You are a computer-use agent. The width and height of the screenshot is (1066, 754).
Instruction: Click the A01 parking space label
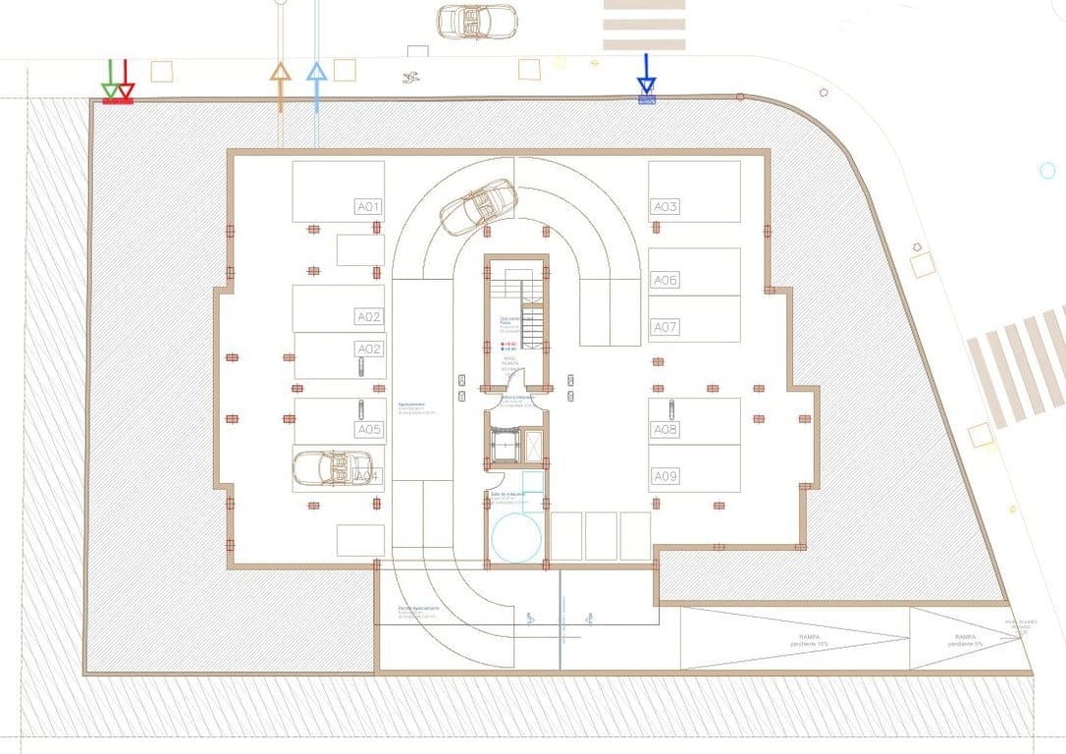tap(368, 207)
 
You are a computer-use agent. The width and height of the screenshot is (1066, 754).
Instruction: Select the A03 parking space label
tap(666, 207)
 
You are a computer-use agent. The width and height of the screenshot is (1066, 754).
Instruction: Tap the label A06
tap(666, 281)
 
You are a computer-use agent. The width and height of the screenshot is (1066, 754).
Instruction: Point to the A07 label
tap(666, 327)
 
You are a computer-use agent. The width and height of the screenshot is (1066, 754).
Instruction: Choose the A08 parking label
tap(666, 429)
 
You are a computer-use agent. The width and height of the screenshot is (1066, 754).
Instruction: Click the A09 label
tap(666, 476)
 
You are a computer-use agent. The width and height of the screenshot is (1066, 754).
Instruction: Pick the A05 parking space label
tap(368, 429)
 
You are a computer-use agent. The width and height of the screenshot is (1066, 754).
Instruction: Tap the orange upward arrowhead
tap(281, 73)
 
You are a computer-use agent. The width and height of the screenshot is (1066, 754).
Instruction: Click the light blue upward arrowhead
tap(316, 73)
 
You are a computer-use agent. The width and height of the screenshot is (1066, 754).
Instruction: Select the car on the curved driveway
tap(478, 206)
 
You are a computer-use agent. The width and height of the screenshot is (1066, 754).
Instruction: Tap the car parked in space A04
tap(333, 468)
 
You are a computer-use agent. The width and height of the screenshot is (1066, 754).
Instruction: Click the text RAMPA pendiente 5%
tap(966, 640)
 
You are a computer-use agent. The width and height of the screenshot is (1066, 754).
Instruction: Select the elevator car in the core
tap(505, 448)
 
